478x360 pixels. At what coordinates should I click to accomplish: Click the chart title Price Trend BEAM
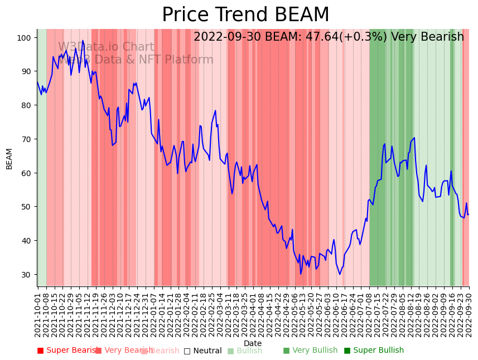(245, 15)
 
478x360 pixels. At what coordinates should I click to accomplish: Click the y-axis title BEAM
(9, 158)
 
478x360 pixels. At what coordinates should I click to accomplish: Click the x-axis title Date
(253, 343)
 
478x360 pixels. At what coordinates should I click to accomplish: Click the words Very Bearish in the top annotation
(427, 37)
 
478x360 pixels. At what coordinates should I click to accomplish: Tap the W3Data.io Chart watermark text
(106, 47)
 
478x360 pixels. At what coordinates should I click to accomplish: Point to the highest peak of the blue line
(83, 40)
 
